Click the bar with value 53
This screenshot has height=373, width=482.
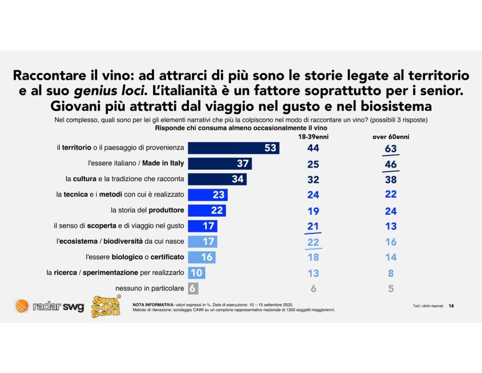233,148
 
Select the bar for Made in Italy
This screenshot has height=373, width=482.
219,164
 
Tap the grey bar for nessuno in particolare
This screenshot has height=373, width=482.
192,288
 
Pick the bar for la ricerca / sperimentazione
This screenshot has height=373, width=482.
196,273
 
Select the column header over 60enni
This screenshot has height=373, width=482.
391,136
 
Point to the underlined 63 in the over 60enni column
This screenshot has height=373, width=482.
391,149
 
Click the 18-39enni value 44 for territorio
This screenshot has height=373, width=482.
313,148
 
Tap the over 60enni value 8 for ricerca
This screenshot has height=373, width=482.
391,273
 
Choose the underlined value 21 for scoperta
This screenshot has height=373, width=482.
313,226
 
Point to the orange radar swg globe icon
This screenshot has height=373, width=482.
22,307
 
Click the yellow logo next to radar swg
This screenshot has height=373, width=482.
106,307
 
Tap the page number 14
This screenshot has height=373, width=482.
451,306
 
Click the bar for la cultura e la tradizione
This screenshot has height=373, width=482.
217,179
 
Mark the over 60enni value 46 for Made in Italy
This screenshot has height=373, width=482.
391,164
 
